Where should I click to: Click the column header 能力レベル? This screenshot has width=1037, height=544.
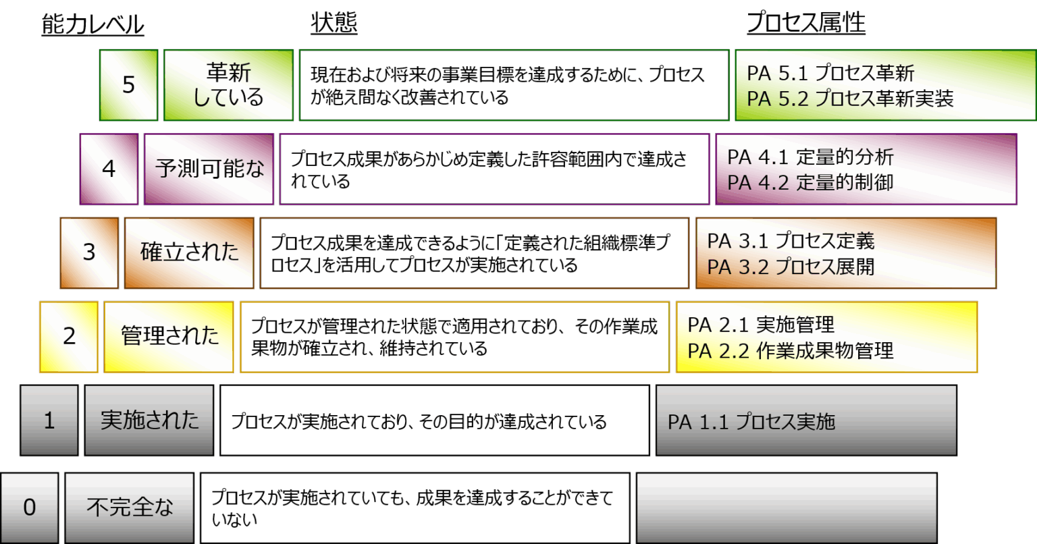pyautogui.click(x=92, y=25)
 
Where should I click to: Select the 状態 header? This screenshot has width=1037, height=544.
pyautogui.click(x=334, y=24)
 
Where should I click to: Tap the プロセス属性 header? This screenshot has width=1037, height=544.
pyautogui.click(x=805, y=24)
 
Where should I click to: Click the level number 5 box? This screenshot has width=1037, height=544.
pyautogui.click(x=129, y=85)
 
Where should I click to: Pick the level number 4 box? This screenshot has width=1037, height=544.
pyautogui.click(x=109, y=169)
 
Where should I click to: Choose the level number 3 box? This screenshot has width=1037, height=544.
pyautogui.click(x=89, y=252)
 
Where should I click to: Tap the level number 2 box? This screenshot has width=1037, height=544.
pyautogui.click(x=69, y=336)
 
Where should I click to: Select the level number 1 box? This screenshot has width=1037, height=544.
pyautogui.click(x=49, y=420)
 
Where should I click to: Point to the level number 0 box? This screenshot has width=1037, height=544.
pyautogui.click(x=30, y=507)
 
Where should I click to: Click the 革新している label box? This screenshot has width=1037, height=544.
pyautogui.click(x=228, y=85)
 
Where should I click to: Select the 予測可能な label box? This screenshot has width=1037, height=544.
pyautogui.click(x=209, y=169)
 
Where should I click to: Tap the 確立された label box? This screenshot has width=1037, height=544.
pyautogui.click(x=189, y=252)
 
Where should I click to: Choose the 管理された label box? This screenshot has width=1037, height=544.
pyautogui.click(x=169, y=336)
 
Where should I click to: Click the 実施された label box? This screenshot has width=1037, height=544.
pyautogui.click(x=149, y=420)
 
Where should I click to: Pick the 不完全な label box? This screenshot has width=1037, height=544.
pyautogui.click(x=130, y=507)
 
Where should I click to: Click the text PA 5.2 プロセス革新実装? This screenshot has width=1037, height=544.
pyautogui.click(x=850, y=99)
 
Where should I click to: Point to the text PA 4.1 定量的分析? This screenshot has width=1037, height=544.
pyautogui.click(x=810, y=157)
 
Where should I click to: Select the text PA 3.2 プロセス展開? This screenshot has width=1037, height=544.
pyautogui.click(x=791, y=267)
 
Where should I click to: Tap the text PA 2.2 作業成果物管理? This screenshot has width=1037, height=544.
pyautogui.click(x=791, y=350)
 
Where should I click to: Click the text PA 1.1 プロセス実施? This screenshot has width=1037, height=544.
pyautogui.click(x=751, y=423)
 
